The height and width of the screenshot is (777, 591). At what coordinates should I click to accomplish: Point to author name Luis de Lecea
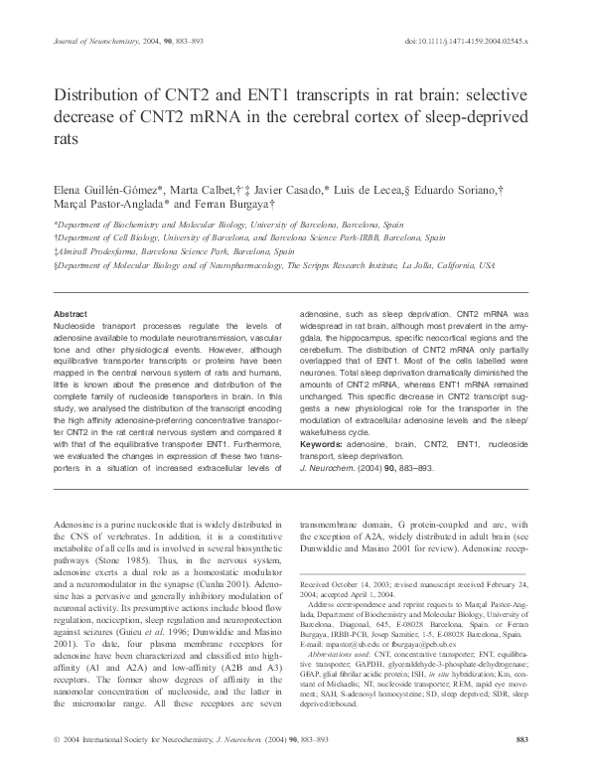pos(381,189)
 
